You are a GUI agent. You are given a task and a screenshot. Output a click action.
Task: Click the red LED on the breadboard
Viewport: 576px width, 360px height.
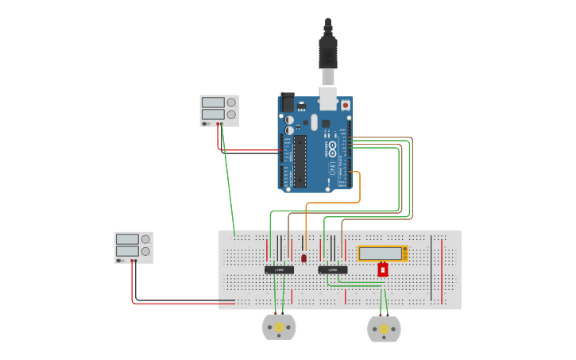pyautogui.click(x=303, y=258)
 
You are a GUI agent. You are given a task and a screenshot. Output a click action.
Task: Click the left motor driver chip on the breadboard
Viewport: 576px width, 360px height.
pyautogui.click(x=279, y=270)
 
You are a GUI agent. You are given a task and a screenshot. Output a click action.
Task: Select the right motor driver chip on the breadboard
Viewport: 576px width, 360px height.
pyautogui.click(x=332, y=270)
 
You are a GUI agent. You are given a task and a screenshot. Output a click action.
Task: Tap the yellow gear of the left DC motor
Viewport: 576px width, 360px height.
pyautogui.click(x=279, y=327)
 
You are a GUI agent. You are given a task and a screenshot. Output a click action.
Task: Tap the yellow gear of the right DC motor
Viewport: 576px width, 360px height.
pyautogui.click(x=384, y=329)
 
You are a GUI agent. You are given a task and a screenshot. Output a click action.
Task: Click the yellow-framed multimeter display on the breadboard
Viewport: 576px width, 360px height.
pyautogui.click(x=381, y=254)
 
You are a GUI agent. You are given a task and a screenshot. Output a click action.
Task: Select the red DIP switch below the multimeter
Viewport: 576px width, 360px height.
pyautogui.click(x=382, y=270)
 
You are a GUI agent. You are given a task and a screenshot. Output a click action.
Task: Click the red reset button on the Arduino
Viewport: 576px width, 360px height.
pyautogui.click(x=345, y=104)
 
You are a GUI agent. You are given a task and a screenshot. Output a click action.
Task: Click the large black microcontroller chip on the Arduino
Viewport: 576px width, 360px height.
pyautogui.click(x=300, y=161)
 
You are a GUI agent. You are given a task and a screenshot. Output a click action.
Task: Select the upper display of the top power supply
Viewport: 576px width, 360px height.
pyautogui.click(x=213, y=103)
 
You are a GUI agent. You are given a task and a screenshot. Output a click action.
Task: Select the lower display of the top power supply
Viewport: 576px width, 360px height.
pyautogui.click(x=213, y=114)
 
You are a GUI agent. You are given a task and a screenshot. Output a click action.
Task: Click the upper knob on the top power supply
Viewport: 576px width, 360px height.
pyautogui.click(x=231, y=103)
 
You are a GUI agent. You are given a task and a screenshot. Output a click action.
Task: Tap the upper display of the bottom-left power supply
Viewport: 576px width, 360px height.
pyautogui.click(x=127, y=239)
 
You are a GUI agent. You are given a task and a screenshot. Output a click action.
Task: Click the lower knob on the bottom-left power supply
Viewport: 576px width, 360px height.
pyautogui.click(x=145, y=251)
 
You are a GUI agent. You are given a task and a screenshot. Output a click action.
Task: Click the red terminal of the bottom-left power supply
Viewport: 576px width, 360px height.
pyautogui.click(x=132, y=261)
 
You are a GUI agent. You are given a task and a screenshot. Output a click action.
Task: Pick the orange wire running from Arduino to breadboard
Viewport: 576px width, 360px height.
pyautogui.click(x=359, y=191)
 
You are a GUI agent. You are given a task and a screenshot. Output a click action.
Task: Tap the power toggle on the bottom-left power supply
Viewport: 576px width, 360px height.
pyautogui.click(x=120, y=260)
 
